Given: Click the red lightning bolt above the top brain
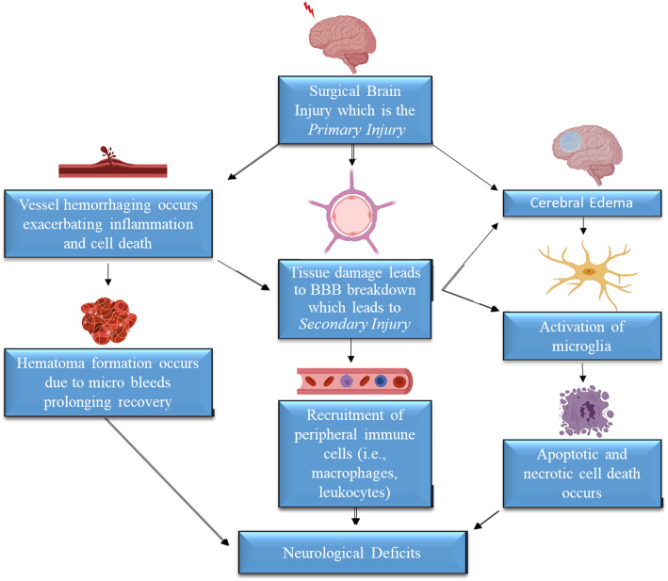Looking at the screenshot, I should (x=309, y=10).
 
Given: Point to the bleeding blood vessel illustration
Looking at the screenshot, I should (x=112, y=166).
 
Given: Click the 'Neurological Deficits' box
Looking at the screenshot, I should (x=354, y=551).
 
